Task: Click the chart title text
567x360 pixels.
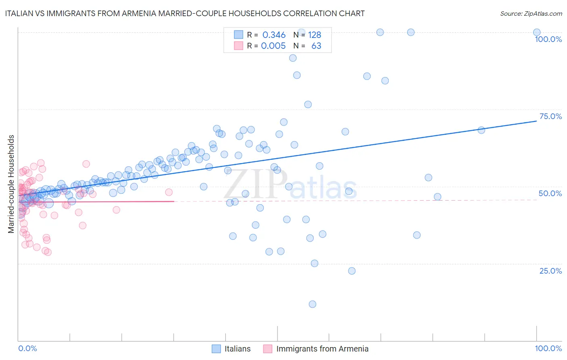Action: pos(185,13)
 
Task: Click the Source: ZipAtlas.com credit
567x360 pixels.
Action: pos(531,13)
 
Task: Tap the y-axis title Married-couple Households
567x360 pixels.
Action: pos(11,184)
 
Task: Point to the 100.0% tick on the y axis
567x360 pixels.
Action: pos(548,39)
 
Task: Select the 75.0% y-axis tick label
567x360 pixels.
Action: pos(550,116)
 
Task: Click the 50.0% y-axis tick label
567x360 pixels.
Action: pos(550,193)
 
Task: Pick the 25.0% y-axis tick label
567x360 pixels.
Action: pos(550,271)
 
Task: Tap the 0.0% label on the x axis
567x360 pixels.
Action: pos(27,348)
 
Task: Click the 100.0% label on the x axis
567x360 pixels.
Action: pos(548,348)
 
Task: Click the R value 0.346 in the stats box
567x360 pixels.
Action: pos(274,35)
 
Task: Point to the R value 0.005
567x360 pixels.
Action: pos(273,46)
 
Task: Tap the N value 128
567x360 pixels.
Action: pos(315,35)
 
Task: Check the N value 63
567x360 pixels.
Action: pos(316,46)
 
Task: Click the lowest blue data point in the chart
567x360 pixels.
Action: pos(312,304)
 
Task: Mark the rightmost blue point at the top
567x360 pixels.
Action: pos(537,32)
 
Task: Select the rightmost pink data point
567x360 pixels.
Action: pos(169,192)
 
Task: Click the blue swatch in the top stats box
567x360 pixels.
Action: pos(239,35)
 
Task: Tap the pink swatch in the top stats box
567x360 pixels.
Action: pos(239,46)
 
